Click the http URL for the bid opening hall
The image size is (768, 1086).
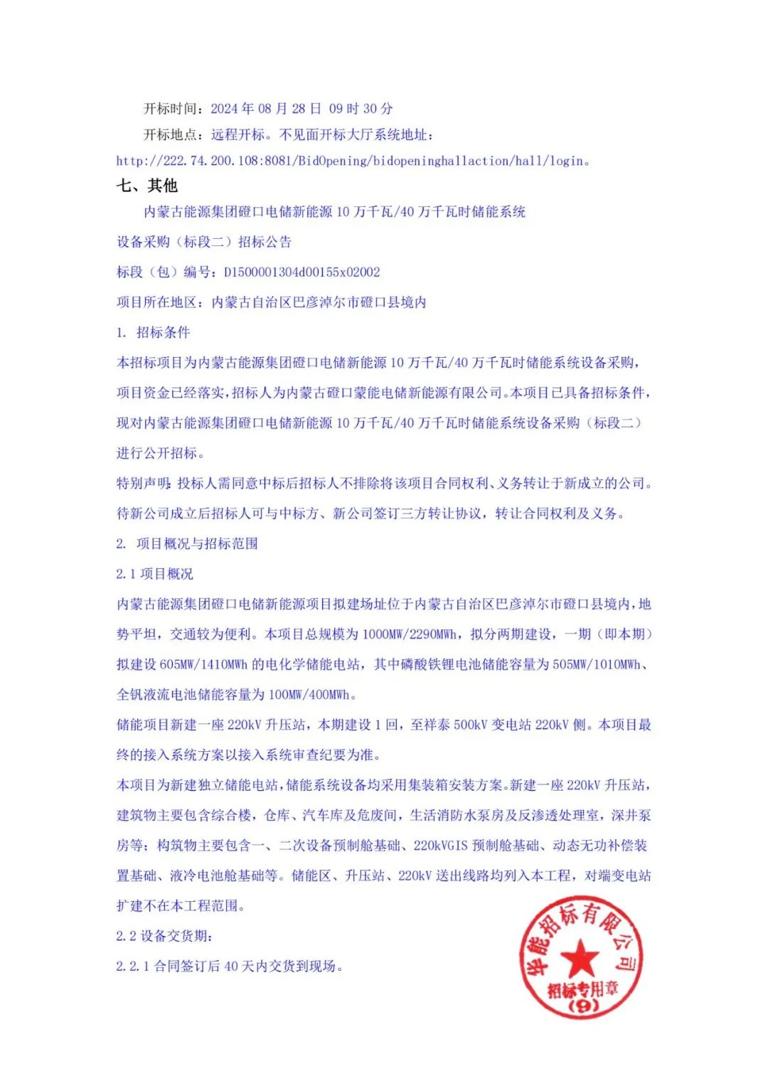352,161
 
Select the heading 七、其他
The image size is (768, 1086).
147,186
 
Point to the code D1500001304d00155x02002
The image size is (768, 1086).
302,272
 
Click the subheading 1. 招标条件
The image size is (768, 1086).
153,333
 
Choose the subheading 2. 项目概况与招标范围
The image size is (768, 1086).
187,544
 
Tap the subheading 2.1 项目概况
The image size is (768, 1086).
154,574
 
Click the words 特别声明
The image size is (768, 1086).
143,484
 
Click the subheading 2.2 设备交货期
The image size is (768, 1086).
164,937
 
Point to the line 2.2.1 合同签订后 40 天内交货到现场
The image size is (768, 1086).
229,967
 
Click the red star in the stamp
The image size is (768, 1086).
580,958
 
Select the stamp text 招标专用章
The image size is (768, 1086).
582,989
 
